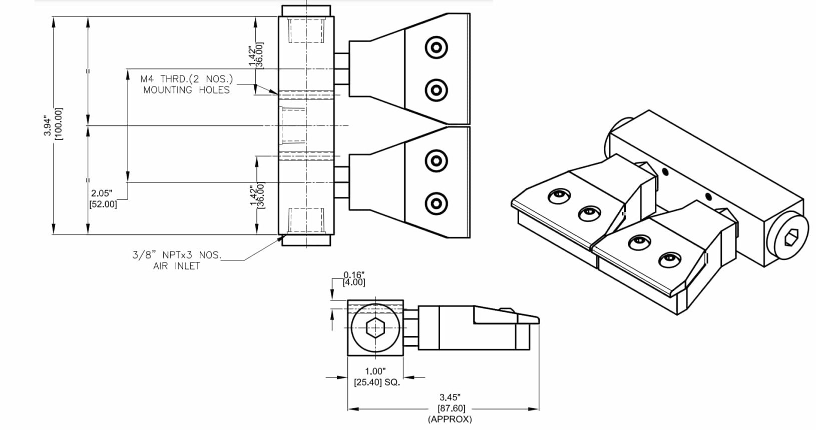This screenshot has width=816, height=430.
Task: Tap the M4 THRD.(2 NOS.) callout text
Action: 187,78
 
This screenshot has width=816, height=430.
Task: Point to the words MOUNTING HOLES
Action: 186,90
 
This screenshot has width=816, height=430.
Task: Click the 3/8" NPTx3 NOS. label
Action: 176,255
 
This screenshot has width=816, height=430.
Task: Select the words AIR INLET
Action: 176,266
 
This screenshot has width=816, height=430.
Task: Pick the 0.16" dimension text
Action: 354,274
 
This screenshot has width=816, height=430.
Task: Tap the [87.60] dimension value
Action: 449,408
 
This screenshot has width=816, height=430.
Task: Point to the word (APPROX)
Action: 450,419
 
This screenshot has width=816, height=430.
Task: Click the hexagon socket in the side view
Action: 375,328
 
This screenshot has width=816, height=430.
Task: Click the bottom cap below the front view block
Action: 306,240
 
